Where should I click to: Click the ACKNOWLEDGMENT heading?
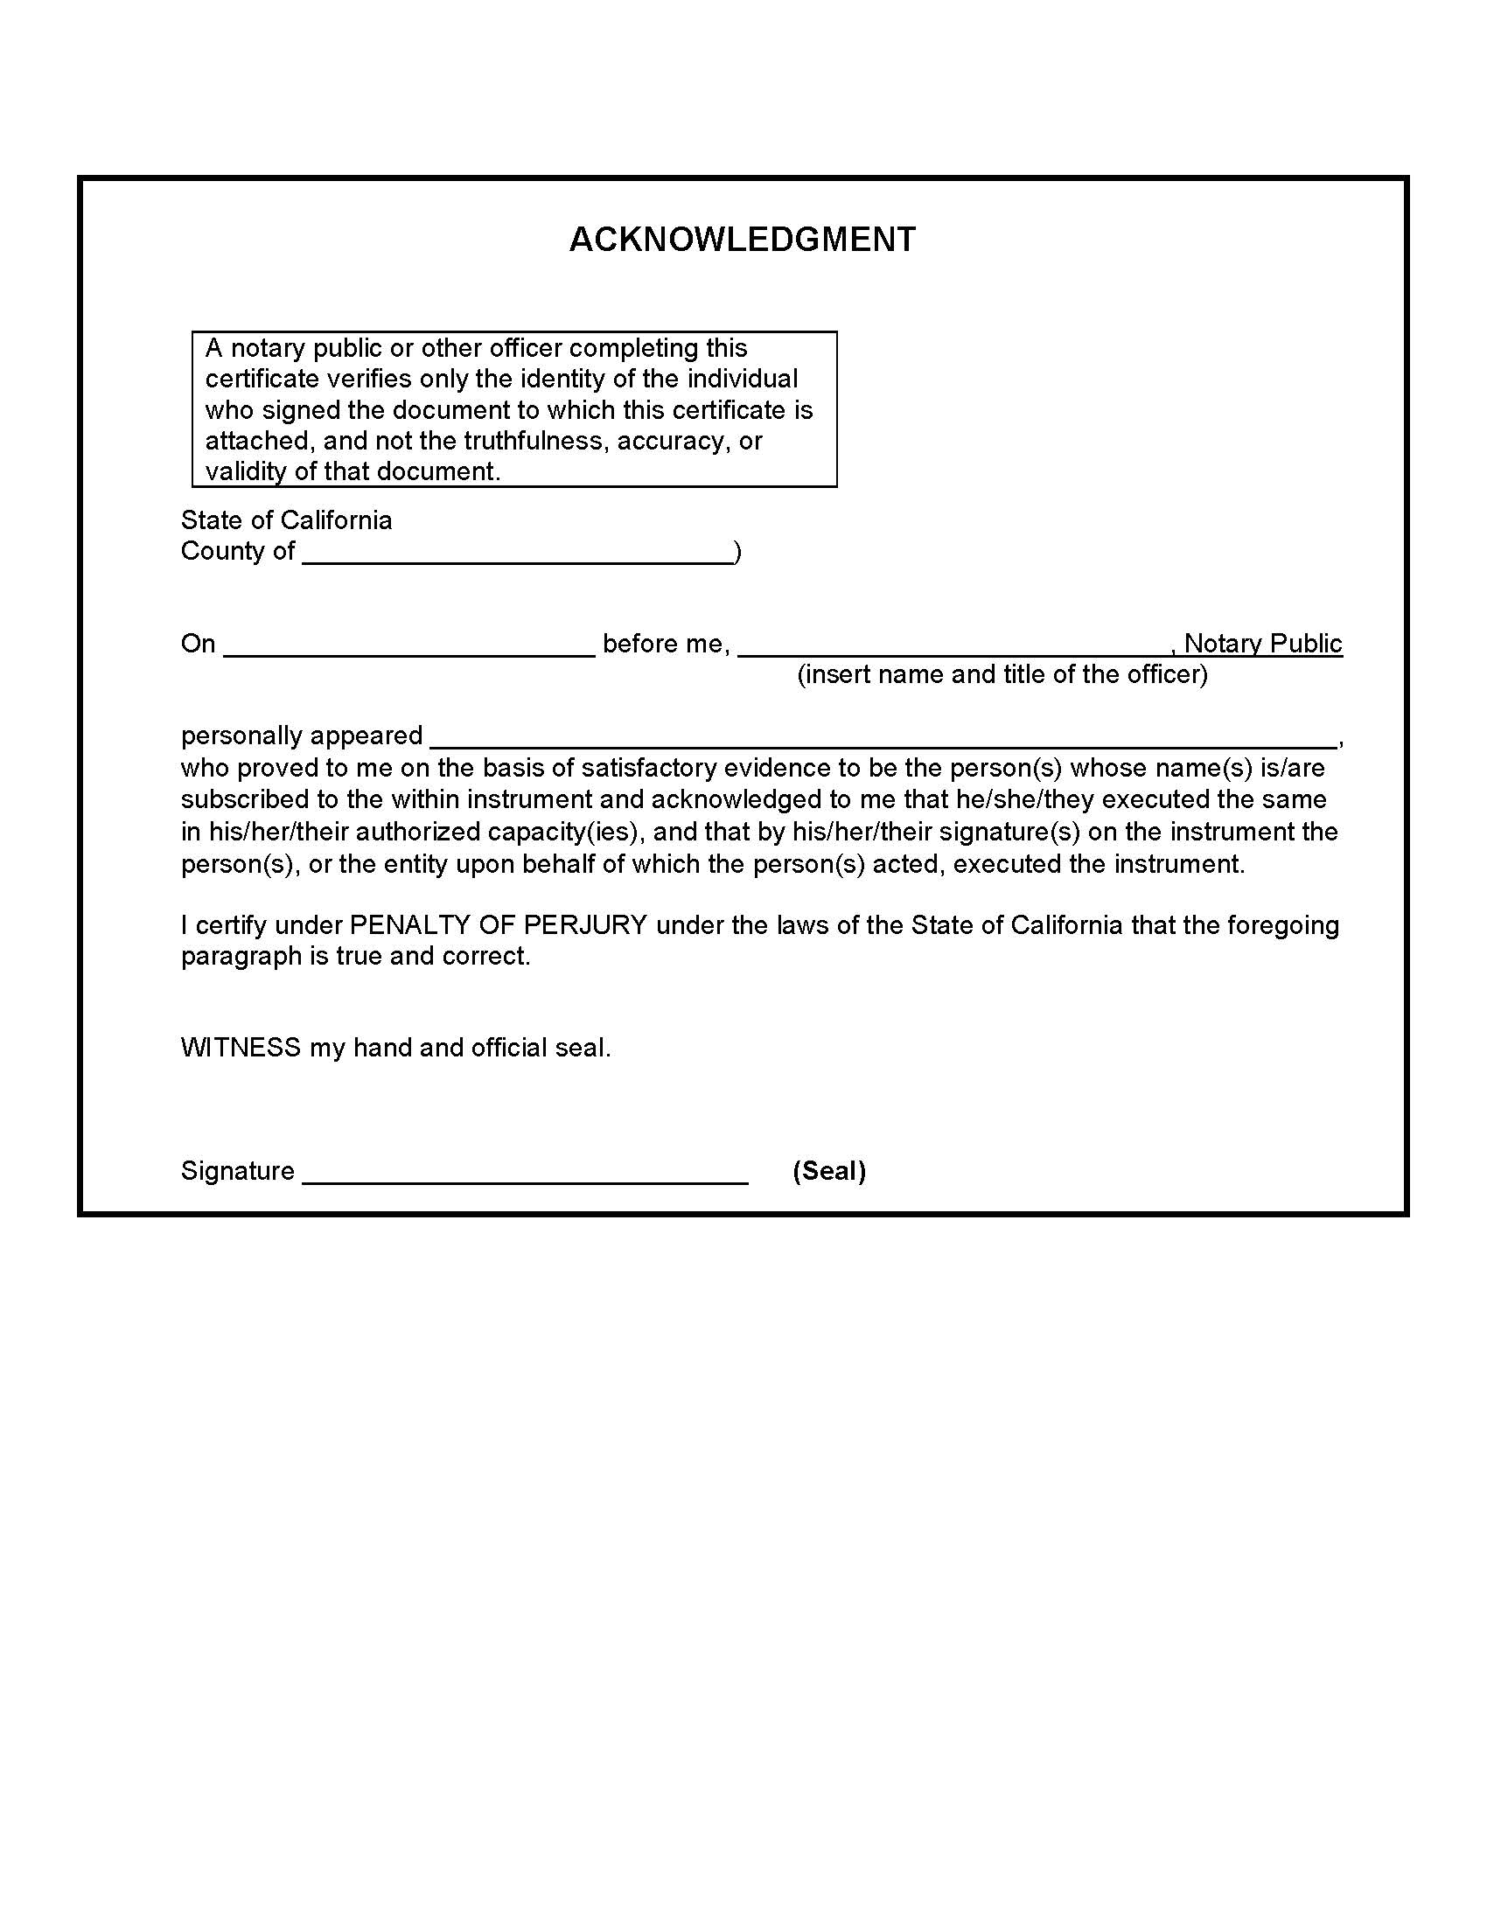coord(743,240)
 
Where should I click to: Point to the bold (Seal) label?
coord(829,1171)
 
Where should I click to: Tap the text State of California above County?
coord(286,520)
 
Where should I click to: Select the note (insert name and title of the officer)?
coord(1002,675)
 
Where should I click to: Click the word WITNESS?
coord(241,1048)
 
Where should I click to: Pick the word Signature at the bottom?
coord(238,1171)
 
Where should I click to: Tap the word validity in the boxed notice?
coord(246,472)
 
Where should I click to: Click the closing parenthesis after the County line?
coord(737,553)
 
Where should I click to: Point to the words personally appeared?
coord(301,735)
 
